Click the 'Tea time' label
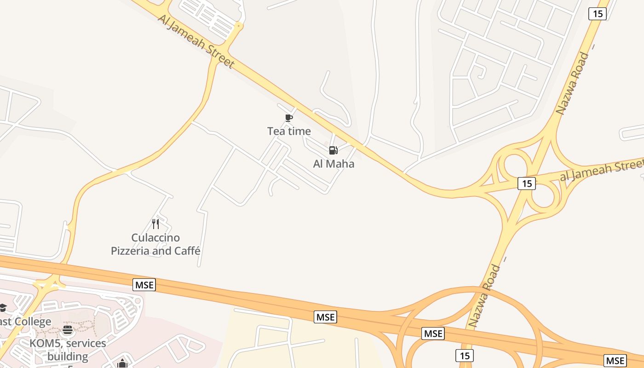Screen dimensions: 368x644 click(x=289, y=131)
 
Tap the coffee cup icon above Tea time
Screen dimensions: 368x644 click(x=289, y=118)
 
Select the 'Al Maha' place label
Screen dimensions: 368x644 click(x=333, y=164)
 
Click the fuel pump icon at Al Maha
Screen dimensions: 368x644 click(x=333, y=150)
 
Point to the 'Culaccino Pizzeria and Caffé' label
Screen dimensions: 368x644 click(x=155, y=244)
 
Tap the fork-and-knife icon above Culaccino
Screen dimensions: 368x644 click(x=155, y=224)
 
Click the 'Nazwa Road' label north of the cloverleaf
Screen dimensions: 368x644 click(x=572, y=83)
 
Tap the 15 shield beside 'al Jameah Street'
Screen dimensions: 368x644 click(x=527, y=184)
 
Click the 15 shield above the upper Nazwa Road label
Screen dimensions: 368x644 click(x=598, y=14)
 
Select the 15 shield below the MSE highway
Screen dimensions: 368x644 click(x=465, y=356)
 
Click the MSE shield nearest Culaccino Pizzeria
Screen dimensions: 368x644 click(x=144, y=285)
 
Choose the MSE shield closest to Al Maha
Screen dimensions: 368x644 click(x=326, y=317)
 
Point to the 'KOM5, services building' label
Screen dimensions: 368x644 click(x=68, y=350)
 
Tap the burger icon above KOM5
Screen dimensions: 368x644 click(x=68, y=330)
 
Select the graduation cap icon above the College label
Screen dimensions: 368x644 click(x=3, y=307)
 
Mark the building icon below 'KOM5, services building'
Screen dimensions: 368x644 click(x=122, y=364)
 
